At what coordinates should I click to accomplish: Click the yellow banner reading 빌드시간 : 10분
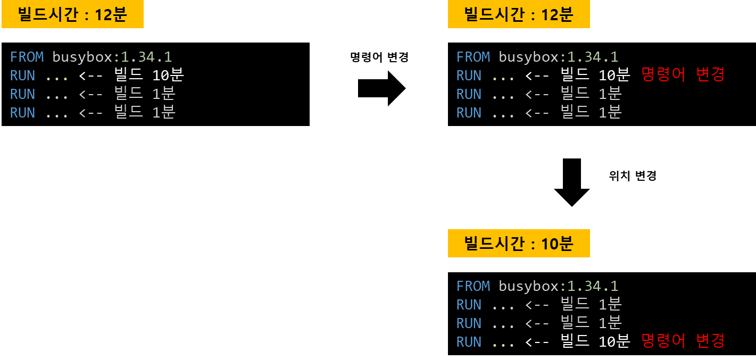[519, 244]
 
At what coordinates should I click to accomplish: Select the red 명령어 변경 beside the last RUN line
[683, 341]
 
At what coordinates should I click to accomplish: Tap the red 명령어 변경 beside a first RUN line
[683, 75]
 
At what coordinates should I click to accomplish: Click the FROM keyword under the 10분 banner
[473, 286]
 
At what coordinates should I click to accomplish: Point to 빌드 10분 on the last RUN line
[595, 341]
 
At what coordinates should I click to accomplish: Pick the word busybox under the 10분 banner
[528, 286]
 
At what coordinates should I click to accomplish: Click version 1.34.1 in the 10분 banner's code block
[592, 286]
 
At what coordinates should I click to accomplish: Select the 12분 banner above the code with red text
[519, 14]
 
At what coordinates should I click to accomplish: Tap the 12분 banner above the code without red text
[72, 14]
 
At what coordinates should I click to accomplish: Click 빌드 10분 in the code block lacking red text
[149, 75]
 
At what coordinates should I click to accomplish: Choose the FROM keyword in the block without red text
[27, 57]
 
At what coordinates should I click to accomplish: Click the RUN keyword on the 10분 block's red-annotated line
[469, 341]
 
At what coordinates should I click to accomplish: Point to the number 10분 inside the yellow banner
[557, 244]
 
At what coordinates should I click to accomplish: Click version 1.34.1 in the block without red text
[146, 57]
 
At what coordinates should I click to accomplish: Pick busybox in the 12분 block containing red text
[528, 57]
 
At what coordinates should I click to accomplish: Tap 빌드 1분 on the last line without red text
[145, 112]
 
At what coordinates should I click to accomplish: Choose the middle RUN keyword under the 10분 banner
[469, 323]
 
